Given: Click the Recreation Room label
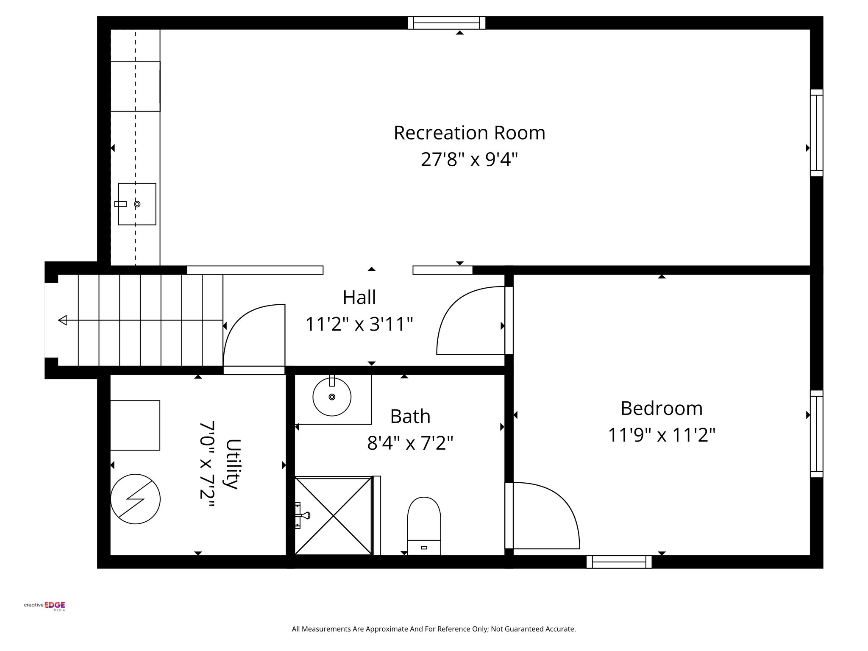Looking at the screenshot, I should tap(469, 133).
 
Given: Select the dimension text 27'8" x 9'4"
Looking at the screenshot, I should tap(469, 160).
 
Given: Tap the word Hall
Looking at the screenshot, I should tap(359, 298).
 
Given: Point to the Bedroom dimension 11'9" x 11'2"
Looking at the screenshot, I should tap(661, 435).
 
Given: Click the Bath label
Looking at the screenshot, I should tap(410, 417).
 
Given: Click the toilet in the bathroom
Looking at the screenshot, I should tap(424, 526).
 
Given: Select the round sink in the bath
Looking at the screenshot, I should tap(332, 397).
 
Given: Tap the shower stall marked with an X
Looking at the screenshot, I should tap(334, 516).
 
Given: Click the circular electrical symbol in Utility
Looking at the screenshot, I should tap(135, 499).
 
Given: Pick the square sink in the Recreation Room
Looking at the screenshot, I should tap(137, 204).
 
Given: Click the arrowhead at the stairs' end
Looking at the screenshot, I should tap(63, 320).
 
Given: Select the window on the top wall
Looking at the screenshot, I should tap(446, 23).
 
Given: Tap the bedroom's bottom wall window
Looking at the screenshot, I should tap(619, 562).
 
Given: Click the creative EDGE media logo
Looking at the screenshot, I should tap(45, 606).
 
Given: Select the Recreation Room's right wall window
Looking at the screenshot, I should tap(816, 133).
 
